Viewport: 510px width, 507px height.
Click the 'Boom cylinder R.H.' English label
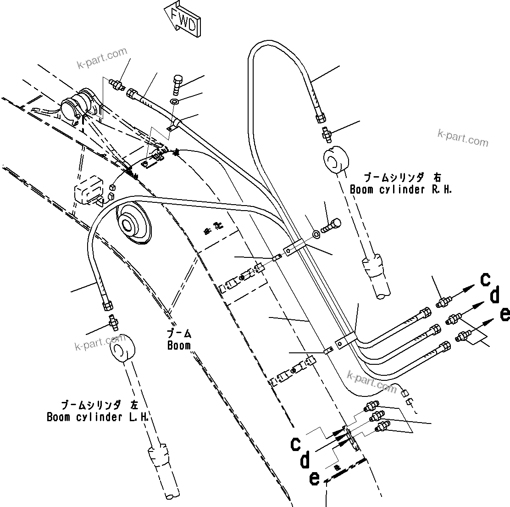400,189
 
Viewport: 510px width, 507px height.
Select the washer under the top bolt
175,101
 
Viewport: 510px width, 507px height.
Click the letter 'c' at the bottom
296,443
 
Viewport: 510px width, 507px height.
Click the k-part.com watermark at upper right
463,137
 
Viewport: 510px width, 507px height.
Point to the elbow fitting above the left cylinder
112,322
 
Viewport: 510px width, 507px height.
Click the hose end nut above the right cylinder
320,117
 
